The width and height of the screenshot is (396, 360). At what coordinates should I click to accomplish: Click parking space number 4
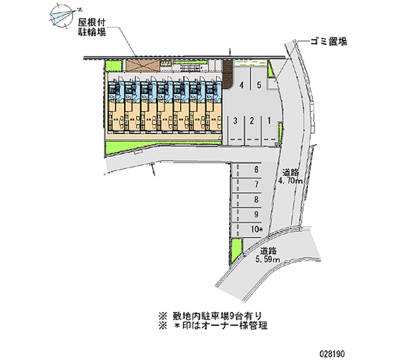(x=242, y=85)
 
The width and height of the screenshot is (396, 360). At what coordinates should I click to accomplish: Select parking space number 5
(x=259, y=85)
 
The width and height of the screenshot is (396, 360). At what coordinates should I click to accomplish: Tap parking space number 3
(x=237, y=120)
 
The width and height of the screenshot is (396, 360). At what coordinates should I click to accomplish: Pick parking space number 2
(x=252, y=120)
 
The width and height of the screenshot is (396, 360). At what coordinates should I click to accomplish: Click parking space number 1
(x=269, y=120)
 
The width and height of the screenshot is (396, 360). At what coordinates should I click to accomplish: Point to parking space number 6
(x=256, y=170)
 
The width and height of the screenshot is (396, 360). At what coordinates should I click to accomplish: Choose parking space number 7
(x=256, y=185)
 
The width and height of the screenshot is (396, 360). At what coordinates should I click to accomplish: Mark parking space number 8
(x=256, y=200)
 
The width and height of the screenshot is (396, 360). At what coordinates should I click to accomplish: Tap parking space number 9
(x=256, y=214)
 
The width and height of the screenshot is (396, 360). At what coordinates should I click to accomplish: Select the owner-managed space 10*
(x=256, y=229)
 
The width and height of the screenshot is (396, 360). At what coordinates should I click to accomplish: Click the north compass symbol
(x=64, y=15)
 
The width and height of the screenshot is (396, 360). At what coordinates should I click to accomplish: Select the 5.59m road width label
(x=269, y=255)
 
